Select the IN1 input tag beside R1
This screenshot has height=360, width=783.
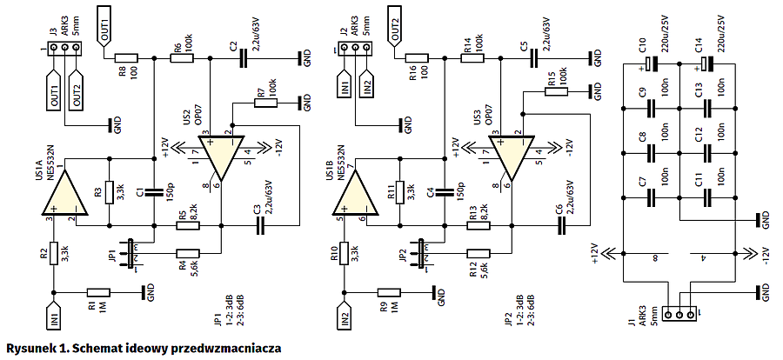(x=53, y=313)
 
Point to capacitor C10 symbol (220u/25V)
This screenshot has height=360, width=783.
(x=651, y=63)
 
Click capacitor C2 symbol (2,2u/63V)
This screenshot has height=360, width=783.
(x=244, y=57)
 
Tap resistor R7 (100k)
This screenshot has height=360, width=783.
(x=265, y=103)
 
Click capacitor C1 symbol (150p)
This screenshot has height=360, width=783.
(x=153, y=192)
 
